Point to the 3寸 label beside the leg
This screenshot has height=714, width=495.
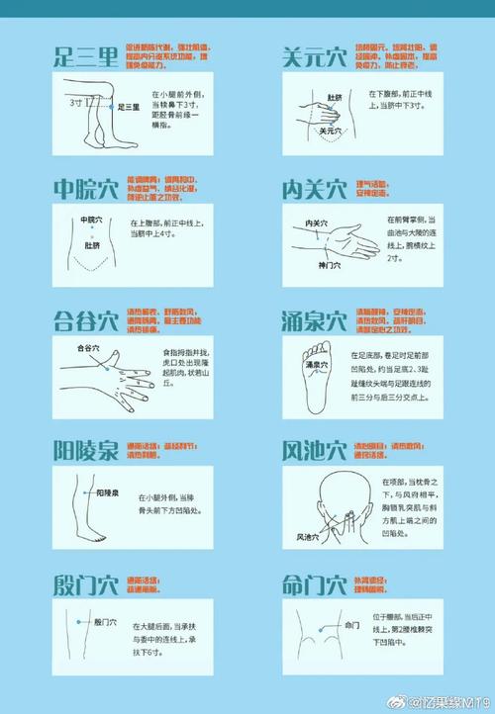pos(75,102)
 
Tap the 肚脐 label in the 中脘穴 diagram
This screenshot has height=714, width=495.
pos(92,245)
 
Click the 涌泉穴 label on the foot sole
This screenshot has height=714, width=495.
pos(314,365)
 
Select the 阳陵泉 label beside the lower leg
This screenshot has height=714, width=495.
pos(108,491)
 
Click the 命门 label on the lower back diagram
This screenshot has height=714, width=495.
pos(351,625)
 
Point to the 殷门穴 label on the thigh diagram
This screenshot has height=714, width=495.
pos(106,623)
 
